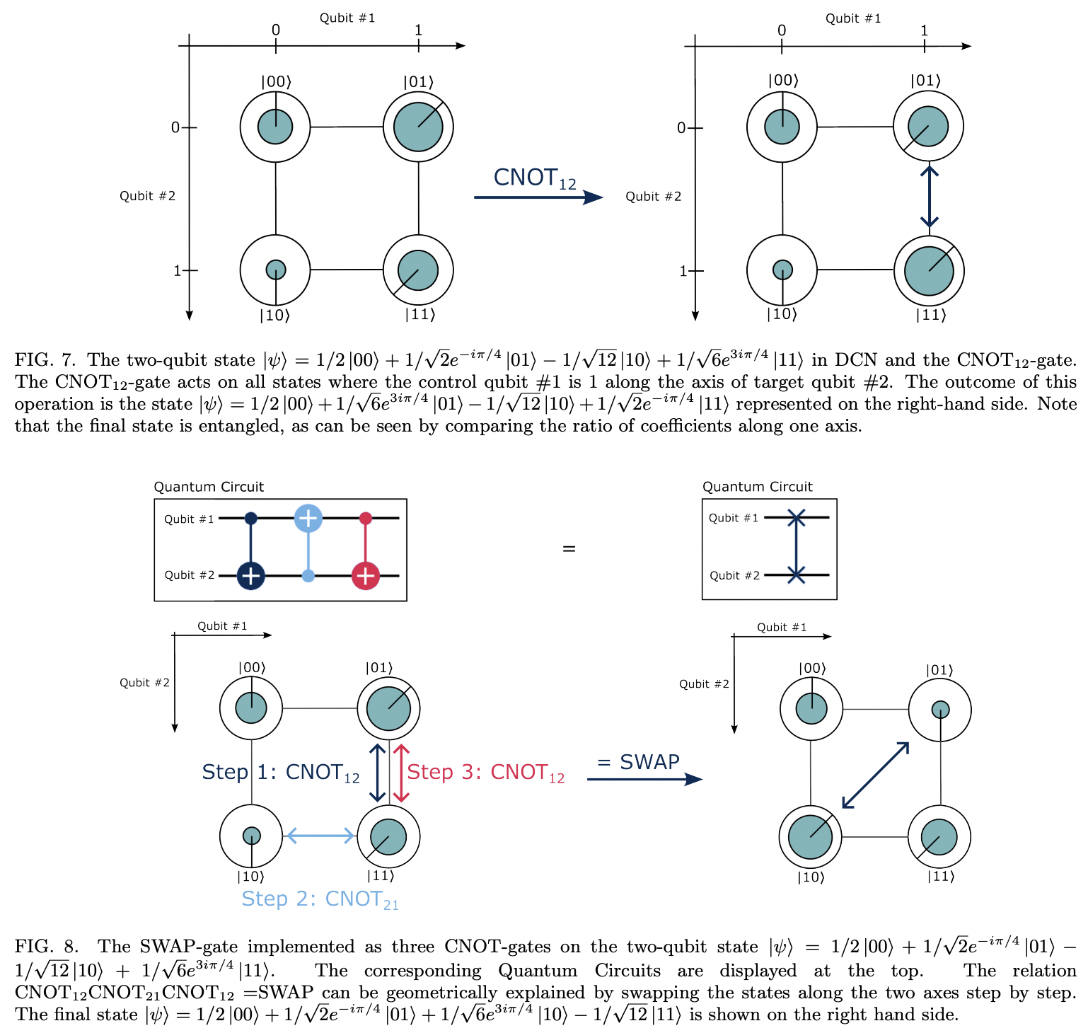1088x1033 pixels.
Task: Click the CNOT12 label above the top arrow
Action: (534, 178)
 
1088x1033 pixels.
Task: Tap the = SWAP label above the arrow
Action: (638, 762)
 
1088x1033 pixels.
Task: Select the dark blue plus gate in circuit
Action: (250, 576)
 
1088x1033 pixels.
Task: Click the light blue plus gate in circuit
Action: (308, 518)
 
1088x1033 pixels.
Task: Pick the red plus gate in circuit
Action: (365, 576)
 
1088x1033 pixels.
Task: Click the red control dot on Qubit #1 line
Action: (365, 519)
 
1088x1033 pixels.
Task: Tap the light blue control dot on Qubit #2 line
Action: (308, 576)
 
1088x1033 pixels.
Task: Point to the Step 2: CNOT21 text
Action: (320, 899)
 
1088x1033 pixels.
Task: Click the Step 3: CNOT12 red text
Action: (486, 773)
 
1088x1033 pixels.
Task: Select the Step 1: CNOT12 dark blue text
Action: (281, 773)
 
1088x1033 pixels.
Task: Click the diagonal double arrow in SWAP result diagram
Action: (875, 775)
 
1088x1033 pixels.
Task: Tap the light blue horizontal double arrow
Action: (319, 836)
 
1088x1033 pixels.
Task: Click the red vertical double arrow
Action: (401, 773)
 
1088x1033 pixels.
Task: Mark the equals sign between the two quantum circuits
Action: (569, 549)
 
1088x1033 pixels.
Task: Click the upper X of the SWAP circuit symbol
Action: (797, 519)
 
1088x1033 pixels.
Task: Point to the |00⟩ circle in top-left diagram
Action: (275, 127)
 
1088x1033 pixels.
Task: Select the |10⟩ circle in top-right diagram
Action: (782, 270)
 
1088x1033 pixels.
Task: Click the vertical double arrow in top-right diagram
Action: (930, 197)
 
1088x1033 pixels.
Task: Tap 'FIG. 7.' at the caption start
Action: (45, 360)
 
